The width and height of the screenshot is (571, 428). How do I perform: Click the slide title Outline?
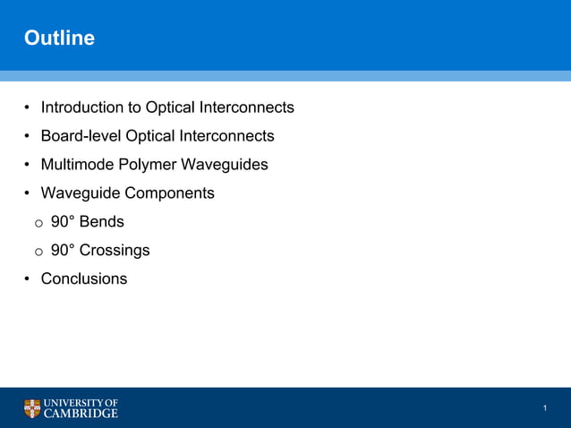59,39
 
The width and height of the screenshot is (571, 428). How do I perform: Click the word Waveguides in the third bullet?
226,165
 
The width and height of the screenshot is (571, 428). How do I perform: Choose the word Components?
170,193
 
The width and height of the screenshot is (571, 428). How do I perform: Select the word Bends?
102,222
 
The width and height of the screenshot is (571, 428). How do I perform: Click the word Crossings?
115,251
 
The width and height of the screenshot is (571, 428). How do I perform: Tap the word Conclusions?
84,279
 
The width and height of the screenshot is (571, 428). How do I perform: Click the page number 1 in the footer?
544,409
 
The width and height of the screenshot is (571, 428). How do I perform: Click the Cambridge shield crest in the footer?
32,408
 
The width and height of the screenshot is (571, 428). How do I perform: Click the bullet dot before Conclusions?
28,279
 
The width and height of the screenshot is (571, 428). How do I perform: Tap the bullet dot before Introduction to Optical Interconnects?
28,107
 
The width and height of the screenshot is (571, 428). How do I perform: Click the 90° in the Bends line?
63,222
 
